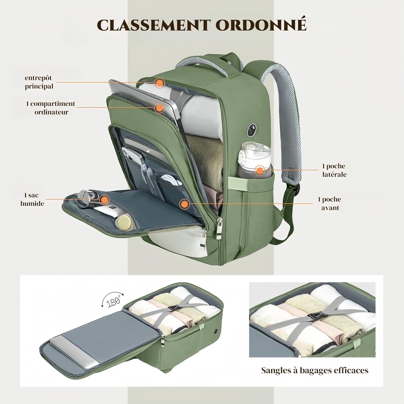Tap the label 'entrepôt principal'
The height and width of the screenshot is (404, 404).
[x=39, y=82]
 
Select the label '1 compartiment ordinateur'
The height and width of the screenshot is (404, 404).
[x=51, y=108]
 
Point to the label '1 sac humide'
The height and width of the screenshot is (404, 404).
[x=32, y=199]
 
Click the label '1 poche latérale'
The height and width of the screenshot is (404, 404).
[x=334, y=170]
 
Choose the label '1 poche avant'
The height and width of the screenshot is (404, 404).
[x=330, y=203]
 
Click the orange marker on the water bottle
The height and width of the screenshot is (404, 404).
[x=260, y=170]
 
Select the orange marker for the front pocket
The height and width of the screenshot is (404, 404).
[x=184, y=204]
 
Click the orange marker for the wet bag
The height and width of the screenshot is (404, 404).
[x=104, y=200]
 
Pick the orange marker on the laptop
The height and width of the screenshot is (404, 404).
[x=159, y=108]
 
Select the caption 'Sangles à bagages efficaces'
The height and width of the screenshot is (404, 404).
[x=315, y=370]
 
